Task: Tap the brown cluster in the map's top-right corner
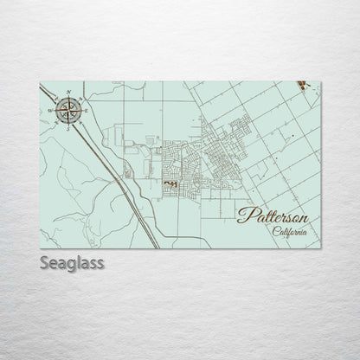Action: (x=301, y=84)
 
